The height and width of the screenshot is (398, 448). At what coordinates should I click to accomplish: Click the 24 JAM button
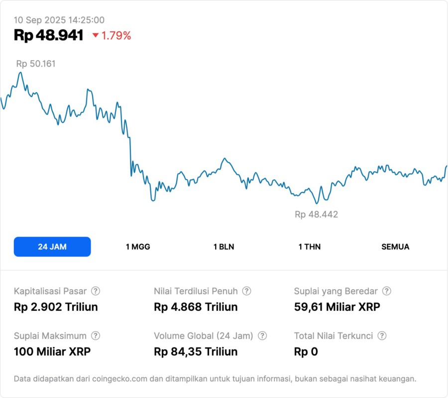click(52, 247)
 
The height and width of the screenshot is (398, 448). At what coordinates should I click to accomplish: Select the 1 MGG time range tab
click(138, 247)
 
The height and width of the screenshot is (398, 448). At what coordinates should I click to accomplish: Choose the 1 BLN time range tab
click(224, 247)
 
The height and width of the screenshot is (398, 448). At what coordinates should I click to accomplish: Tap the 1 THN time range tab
click(310, 247)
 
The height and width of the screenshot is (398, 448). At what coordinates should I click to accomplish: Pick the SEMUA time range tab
click(395, 247)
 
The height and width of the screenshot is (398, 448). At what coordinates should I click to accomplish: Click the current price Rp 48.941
click(48, 35)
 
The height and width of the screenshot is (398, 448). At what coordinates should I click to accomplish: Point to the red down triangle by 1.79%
click(96, 35)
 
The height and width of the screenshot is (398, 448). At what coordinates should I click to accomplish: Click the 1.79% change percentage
click(116, 35)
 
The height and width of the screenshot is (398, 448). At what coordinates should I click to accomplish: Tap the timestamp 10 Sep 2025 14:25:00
click(59, 20)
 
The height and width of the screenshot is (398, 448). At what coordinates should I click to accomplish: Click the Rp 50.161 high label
click(36, 64)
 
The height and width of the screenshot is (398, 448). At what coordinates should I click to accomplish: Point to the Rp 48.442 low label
click(316, 214)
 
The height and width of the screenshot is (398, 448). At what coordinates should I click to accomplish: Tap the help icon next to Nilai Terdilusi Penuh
click(246, 291)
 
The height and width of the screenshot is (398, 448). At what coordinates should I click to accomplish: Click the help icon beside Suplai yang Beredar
click(387, 291)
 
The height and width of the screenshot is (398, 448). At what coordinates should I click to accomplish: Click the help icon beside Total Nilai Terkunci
click(382, 336)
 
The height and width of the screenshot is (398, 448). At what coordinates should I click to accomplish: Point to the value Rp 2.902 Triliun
click(56, 307)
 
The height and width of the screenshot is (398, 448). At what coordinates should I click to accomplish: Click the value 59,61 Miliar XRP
click(337, 307)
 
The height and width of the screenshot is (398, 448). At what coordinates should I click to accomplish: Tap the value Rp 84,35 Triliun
click(196, 352)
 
